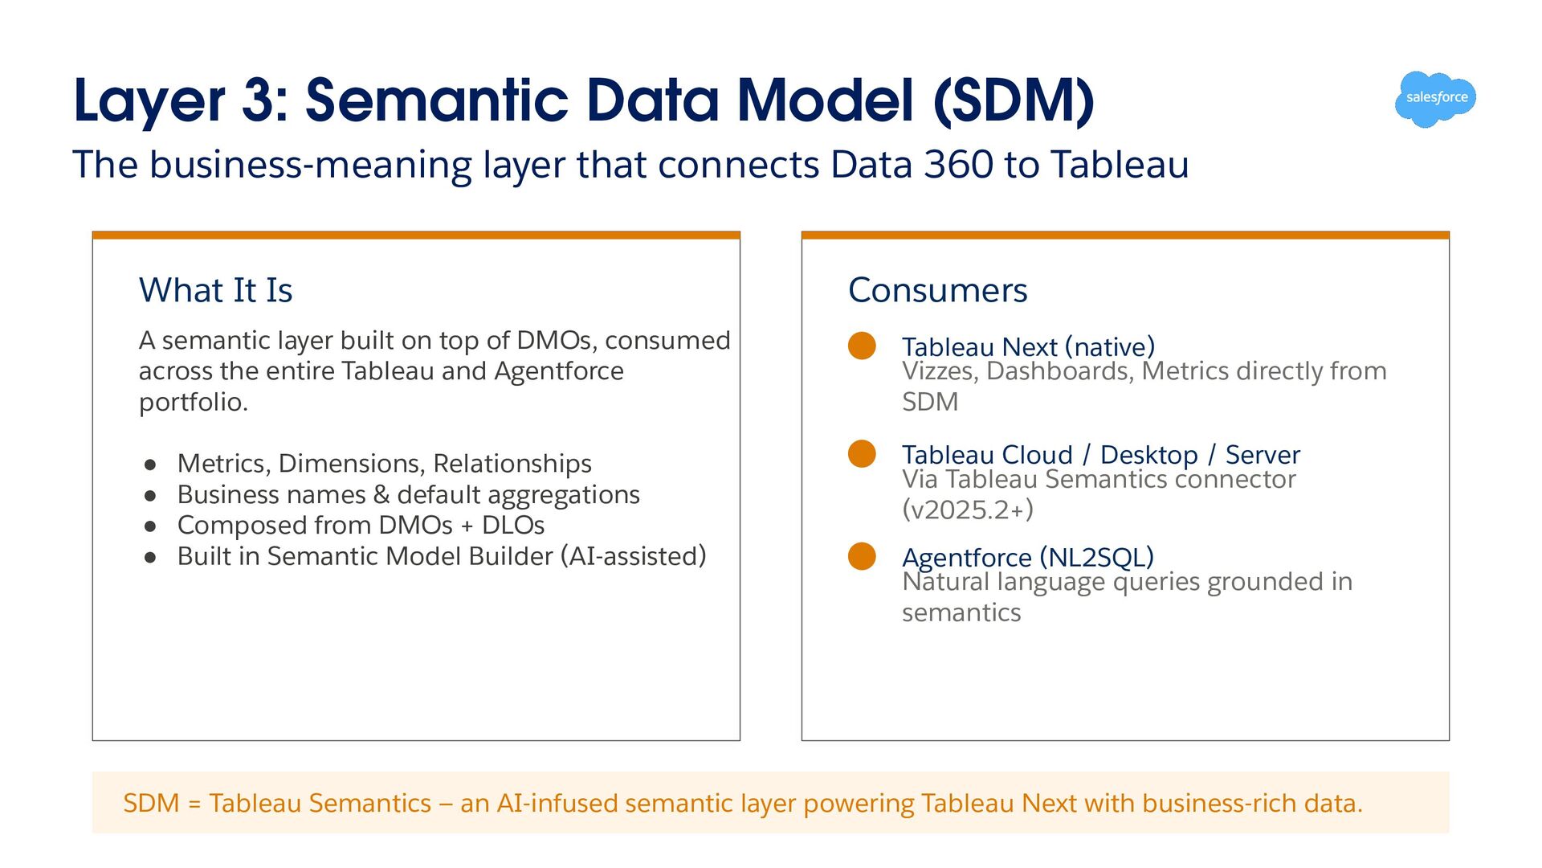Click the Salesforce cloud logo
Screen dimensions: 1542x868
(x=1436, y=99)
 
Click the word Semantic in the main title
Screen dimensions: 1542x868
(x=437, y=100)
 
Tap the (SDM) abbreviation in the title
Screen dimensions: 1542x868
(x=1014, y=102)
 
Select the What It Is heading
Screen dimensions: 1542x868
(x=215, y=290)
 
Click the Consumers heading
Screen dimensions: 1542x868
(x=937, y=290)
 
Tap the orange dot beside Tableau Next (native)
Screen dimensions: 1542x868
(x=862, y=346)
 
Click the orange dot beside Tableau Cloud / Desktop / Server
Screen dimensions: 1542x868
(x=862, y=453)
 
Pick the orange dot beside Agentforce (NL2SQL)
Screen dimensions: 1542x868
(x=862, y=556)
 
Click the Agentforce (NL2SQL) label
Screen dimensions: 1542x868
(x=1028, y=556)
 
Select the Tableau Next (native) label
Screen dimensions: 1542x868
(x=1028, y=346)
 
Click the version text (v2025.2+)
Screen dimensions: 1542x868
(x=968, y=510)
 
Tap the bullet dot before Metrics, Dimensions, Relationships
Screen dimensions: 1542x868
(x=150, y=465)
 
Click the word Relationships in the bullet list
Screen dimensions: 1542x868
(x=512, y=464)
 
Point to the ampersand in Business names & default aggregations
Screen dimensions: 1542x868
(x=381, y=494)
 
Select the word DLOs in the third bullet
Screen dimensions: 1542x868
(x=513, y=526)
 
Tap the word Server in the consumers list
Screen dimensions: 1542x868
(x=1263, y=455)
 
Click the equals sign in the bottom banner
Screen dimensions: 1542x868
(x=194, y=804)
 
